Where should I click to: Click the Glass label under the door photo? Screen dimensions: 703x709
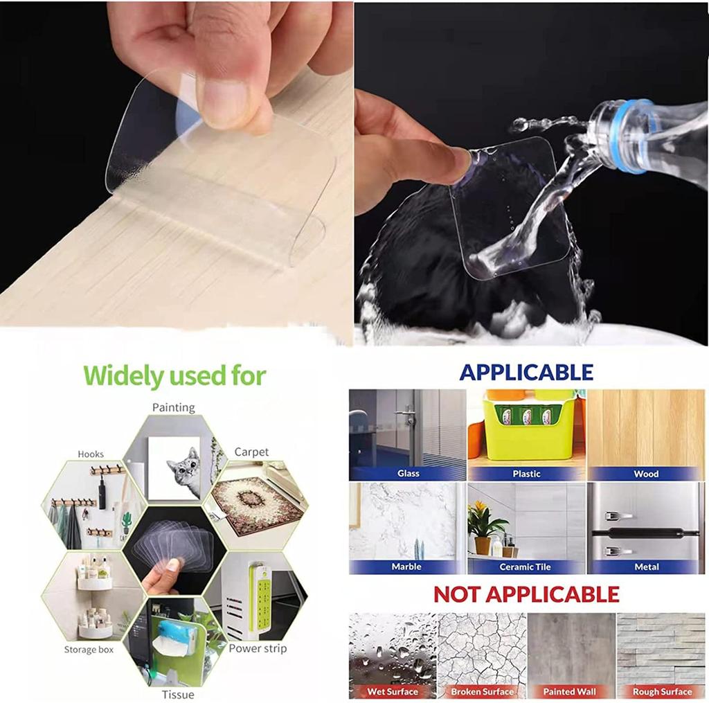coord(408,474)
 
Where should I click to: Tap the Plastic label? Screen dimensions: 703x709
coord(526,474)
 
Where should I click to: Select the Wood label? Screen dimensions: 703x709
coord(646,474)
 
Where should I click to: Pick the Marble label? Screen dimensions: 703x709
coord(406,567)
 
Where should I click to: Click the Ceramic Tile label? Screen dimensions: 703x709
coord(526,567)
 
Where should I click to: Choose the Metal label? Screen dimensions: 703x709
coord(647,567)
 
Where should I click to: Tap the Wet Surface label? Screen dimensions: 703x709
coord(393,691)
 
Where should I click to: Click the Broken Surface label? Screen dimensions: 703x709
coord(482,691)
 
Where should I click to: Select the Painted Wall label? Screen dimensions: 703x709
coord(571,691)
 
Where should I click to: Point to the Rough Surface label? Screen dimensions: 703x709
coord(661,691)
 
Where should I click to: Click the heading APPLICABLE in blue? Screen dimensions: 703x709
coord(526,372)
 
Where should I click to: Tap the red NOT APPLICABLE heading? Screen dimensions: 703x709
coord(526,594)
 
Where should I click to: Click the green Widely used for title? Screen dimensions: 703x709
coord(174,376)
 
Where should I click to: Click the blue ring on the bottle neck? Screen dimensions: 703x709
coord(632,136)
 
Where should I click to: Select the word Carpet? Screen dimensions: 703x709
coord(251,452)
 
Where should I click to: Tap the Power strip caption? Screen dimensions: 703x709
coord(258,648)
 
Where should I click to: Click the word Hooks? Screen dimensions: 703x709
coord(91,454)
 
